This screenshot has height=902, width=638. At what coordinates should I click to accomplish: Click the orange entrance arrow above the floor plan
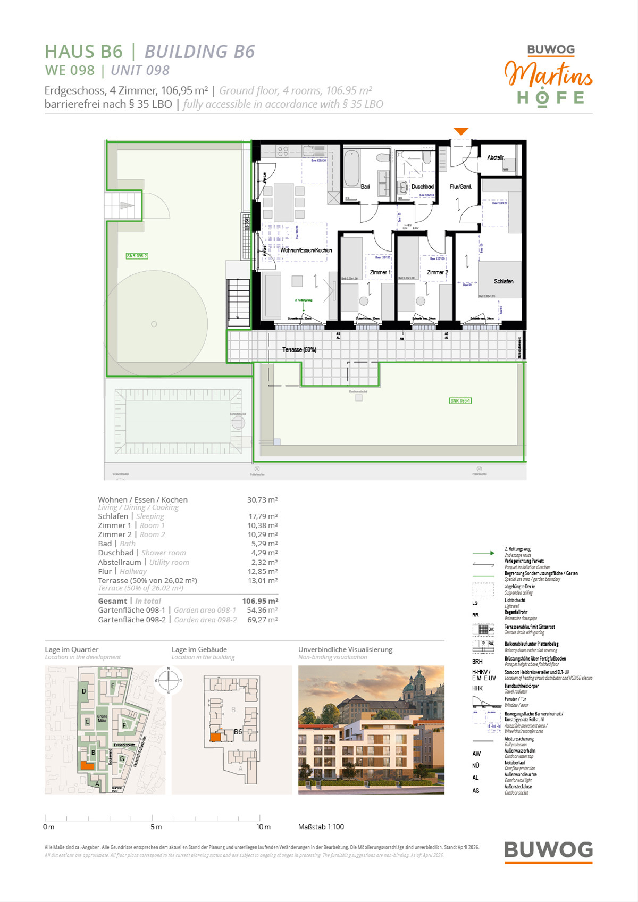click(x=461, y=131)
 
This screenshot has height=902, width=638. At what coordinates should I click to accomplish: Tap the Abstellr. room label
click(x=496, y=157)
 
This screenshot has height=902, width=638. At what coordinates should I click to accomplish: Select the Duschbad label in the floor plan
click(x=423, y=187)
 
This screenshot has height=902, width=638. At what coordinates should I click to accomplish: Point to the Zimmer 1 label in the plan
click(x=380, y=272)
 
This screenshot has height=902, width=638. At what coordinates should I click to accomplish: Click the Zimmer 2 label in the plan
click(x=437, y=272)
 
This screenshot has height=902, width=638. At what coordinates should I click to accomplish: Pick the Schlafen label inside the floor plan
click(x=503, y=281)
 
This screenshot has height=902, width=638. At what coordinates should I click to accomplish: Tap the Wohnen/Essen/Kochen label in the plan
click(x=306, y=250)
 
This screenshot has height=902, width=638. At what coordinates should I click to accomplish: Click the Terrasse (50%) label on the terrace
click(x=299, y=349)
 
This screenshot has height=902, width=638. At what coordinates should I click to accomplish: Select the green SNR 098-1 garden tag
click(x=460, y=400)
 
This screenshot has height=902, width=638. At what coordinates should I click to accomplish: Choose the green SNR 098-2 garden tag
click(x=137, y=256)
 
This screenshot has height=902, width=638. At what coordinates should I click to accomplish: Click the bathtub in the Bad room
click(x=351, y=169)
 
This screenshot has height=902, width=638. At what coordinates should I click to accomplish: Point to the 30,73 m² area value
click(x=262, y=500)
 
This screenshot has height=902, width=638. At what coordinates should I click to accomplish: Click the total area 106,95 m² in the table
click(x=260, y=601)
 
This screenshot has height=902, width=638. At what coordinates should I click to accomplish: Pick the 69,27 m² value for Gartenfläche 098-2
click(x=262, y=620)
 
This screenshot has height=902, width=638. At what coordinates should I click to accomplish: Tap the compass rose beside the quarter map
click(x=169, y=680)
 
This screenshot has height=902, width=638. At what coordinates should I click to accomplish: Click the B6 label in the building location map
click(x=238, y=732)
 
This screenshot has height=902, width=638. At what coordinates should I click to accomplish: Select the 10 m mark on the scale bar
click(x=263, y=826)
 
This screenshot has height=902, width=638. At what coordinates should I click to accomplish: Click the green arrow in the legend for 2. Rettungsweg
click(x=483, y=553)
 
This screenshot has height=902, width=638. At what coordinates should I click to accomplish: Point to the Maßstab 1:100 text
click(x=321, y=826)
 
